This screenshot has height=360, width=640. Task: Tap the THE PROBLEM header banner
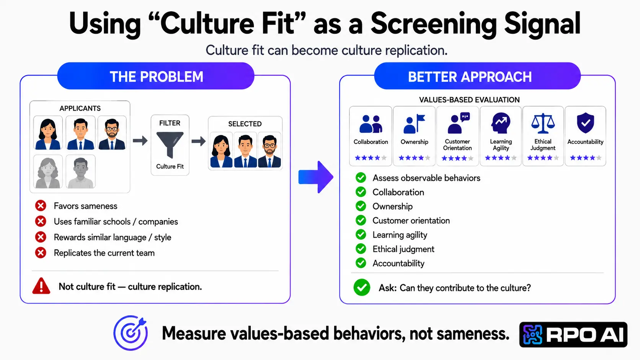[x=156, y=76]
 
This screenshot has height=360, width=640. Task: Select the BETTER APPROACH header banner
[x=477, y=76]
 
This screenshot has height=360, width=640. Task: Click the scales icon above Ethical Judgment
[x=543, y=123]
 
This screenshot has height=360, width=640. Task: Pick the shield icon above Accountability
[x=585, y=123]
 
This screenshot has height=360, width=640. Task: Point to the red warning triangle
[x=41, y=286]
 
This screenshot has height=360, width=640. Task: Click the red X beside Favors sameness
[x=41, y=205]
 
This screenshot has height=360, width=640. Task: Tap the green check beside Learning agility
[x=361, y=235]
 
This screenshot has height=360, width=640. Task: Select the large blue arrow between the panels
[x=316, y=177]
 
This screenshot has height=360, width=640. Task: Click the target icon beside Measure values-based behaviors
[x=131, y=332]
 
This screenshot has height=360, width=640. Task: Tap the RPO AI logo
[x=573, y=335]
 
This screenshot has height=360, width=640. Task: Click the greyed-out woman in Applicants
[x=48, y=172]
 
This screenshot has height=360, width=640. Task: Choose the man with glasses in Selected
[x=269, y=150]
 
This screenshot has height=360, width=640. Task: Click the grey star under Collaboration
[x=384, y=158]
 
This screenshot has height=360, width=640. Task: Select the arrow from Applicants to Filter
[x=140, y=140]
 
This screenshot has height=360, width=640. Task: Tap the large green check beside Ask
[x=362, y=287]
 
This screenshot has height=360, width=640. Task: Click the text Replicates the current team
[x=104, y=253]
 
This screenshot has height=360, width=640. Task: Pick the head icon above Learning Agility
[x=501, y=123]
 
